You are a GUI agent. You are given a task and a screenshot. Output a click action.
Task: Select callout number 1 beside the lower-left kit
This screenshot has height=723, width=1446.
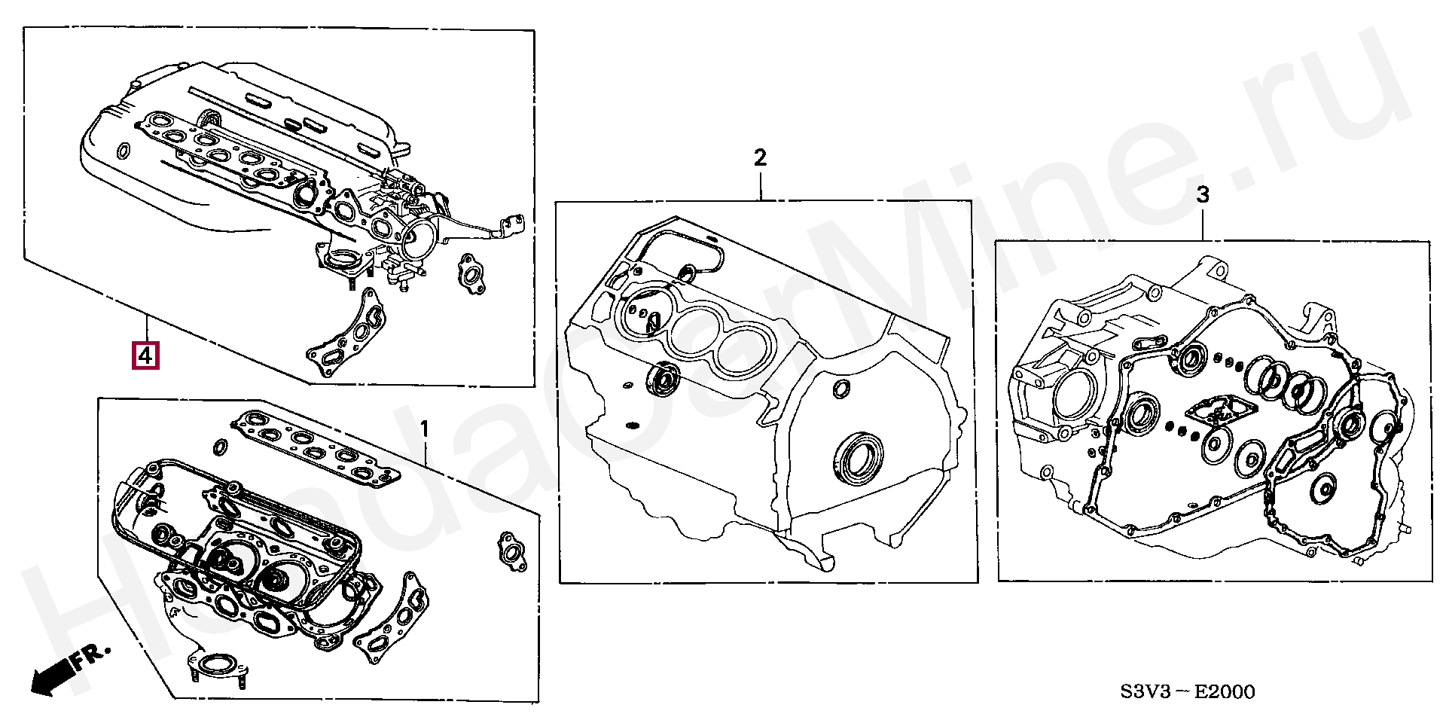pyautogui.click(x=424, y=431)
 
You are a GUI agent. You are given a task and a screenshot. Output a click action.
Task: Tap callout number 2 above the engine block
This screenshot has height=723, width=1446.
pyautogui.click(x=760, y=158)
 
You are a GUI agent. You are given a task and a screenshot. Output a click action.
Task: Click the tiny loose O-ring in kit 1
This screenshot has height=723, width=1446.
pyautogui.click(x=221, y=448)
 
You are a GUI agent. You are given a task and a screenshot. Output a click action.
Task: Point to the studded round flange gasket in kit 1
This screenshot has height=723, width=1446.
pyautogui.click(x=217, y=667)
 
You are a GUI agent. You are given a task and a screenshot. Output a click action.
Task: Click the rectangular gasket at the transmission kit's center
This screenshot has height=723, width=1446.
pyautogui.click(x=1214, y=416)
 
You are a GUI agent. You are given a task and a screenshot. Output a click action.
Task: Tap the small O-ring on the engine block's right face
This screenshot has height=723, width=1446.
pyautogui.click(x=841, y=389)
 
